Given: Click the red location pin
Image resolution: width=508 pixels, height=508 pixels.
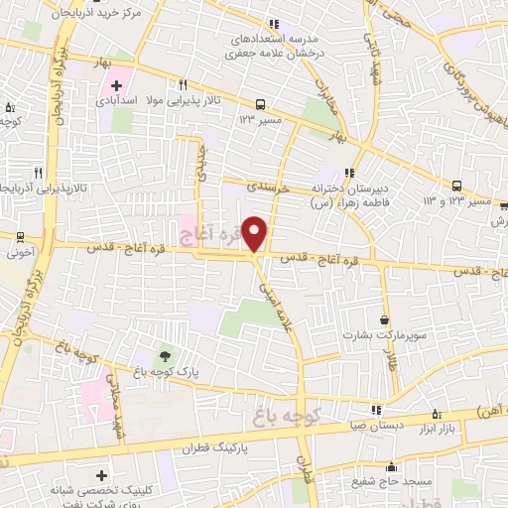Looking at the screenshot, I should [x=255, y=233].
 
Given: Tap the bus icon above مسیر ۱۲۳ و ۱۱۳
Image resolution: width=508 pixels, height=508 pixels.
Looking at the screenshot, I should [x=456, y=186].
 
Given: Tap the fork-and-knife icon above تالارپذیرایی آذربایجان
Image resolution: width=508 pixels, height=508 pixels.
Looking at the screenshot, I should [x=37, y=171].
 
